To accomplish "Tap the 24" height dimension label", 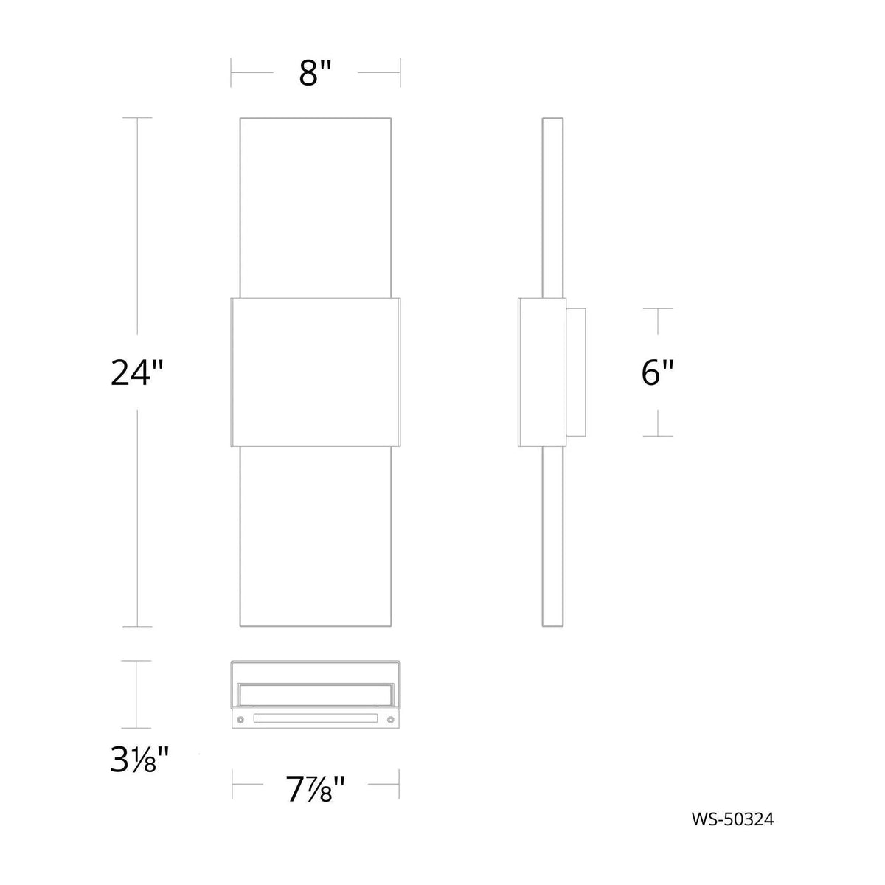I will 136,372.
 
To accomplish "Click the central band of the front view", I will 316,372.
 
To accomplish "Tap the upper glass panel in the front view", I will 316,206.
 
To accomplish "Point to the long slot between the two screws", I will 316,717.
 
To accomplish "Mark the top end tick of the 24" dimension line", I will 137,118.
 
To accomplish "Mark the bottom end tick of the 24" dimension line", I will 137,627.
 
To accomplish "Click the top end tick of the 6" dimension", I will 658,308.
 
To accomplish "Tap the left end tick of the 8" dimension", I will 232,72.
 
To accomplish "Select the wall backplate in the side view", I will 577,372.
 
